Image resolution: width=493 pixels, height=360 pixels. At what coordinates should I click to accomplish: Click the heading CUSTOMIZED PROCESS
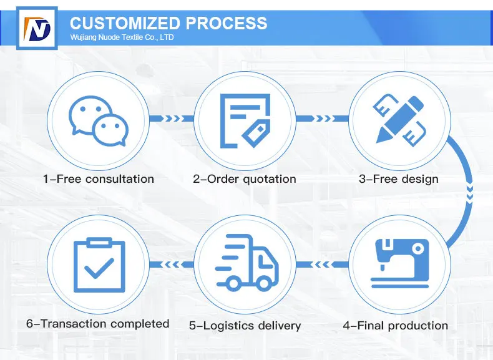pyautogui.click(x=168, y=24)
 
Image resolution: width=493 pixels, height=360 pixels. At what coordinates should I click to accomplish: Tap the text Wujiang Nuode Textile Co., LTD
pyautogui.click(x=122, y=38)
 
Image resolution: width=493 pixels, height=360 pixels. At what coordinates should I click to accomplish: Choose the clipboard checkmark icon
pyautogui.click(x=98, y=265)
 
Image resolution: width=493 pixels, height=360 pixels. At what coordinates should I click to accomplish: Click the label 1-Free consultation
pyautogui.click(x=98, y=179)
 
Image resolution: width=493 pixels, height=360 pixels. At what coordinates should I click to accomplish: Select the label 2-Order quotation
pyautogui.click(x=245, y=179)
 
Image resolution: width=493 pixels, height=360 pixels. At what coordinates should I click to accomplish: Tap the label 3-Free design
pyautogui.click(x=398, y=179)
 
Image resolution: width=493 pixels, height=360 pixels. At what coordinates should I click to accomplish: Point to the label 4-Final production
pyautogui.click(x=396, y=325)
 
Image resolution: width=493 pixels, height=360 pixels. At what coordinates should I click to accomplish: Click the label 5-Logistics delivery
pyautogui.click(x=245, y=325)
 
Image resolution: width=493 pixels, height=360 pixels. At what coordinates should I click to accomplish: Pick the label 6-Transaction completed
pyautogui.click(x=98, y=323)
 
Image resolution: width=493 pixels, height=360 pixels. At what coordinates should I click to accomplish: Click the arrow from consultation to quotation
pyautogui.click(x=171, y=119)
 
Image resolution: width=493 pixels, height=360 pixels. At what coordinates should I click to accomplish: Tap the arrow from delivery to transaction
pyautogui.click(x=171, y=265)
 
